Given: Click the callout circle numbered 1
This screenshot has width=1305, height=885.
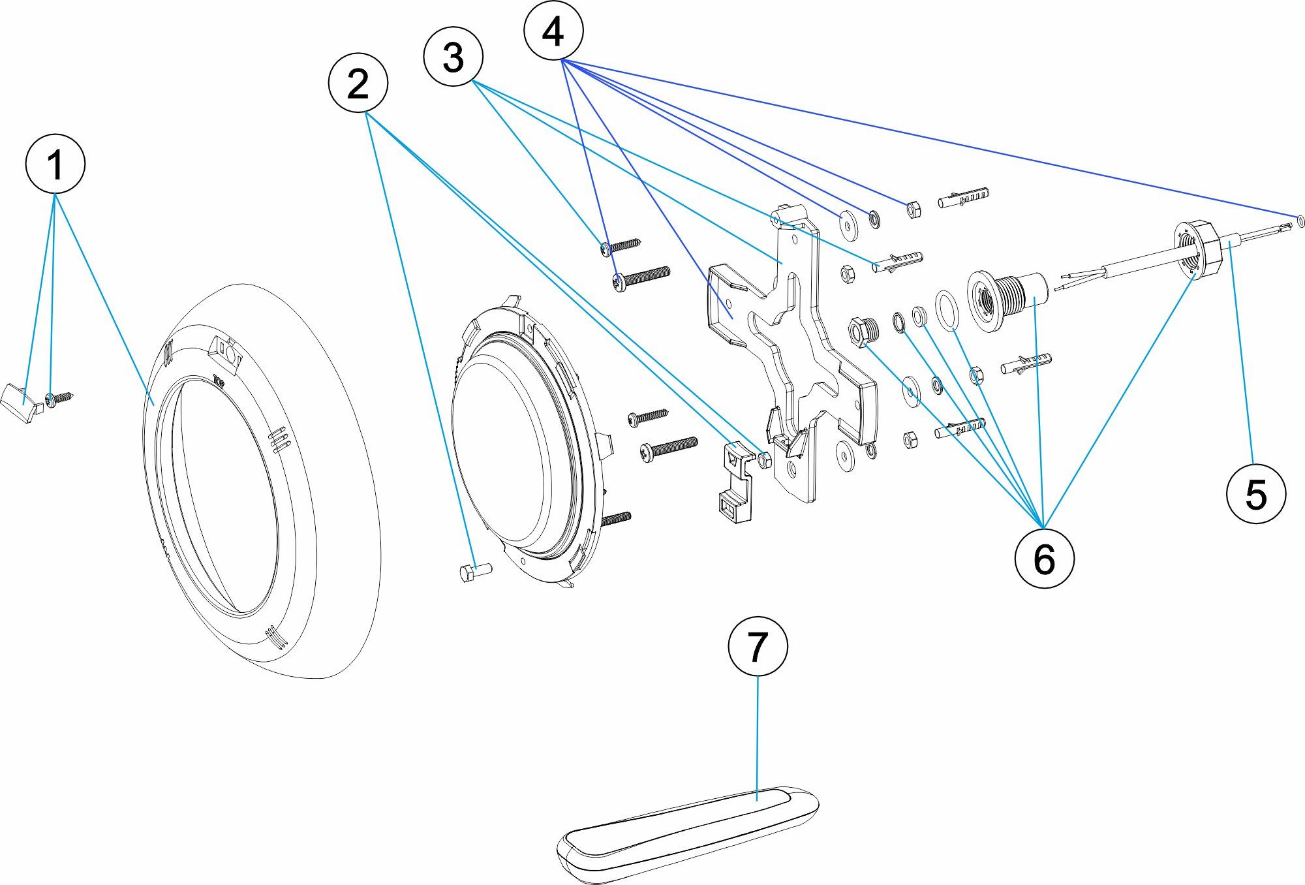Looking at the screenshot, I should (x=55, y=163).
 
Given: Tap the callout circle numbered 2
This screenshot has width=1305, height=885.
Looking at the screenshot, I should (x=358, y=84).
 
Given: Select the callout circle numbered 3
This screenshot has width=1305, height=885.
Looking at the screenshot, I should (x=453, y=56).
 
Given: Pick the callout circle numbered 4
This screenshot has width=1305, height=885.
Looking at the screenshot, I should (x=553, y=31).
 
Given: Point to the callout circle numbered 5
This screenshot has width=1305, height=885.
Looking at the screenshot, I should (x=1255, y=493).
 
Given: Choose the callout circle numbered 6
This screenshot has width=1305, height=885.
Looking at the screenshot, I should (x=1044, y=558).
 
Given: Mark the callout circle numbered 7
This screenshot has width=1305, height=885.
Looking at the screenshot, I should (x=758, y=646).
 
